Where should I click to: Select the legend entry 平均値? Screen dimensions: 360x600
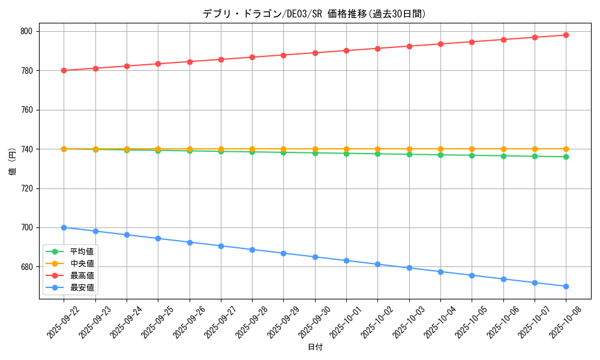coord(82,251)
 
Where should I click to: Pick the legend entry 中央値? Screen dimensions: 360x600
coord(82,263)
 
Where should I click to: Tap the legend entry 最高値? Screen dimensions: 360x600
coord(82,275)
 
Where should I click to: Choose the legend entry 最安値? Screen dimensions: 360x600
coord(82,287)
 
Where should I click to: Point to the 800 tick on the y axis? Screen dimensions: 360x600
coord(28,31)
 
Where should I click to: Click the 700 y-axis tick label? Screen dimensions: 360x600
coord(28,227)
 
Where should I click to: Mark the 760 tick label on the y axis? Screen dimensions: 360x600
coord(28,110)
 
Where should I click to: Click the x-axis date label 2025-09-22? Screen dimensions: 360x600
coord(63,322)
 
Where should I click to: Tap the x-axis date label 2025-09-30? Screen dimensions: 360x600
coord(314,322)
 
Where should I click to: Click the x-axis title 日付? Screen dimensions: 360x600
coord(315,347)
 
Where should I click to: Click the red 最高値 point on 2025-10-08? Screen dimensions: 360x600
coord(566,35)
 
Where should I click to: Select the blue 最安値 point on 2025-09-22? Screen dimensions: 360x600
coord(64,227)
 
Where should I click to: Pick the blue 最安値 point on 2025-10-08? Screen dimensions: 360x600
coord(566,286)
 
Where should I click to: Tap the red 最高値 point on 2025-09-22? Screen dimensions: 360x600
coord(64,70)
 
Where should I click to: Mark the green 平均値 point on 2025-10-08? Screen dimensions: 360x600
coord(566,157)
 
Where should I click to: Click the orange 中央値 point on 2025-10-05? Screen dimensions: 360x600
coord(472,149)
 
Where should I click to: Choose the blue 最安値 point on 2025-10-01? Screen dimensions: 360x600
coord(346,260)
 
